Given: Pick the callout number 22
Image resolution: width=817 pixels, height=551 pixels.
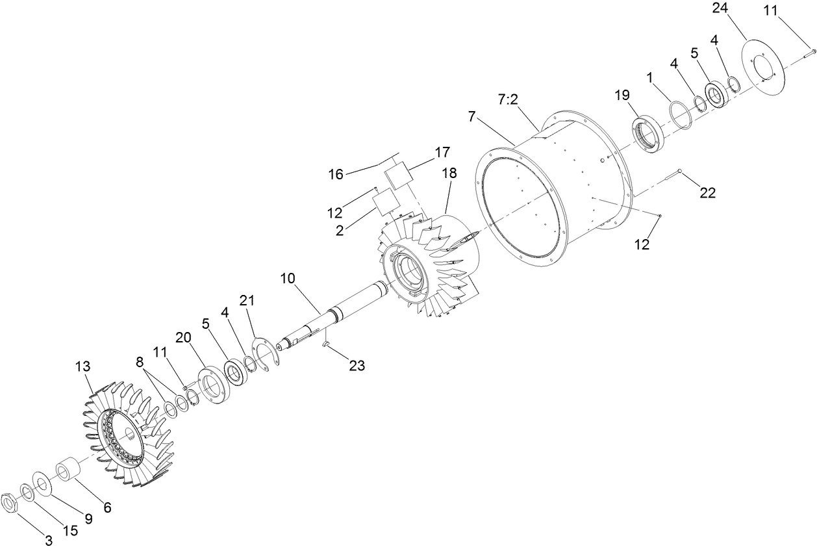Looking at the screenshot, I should (707, 192).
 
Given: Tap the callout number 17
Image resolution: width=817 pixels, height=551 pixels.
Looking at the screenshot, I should (442, 153).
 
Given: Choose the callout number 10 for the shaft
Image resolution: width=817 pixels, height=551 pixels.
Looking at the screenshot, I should (288, 278).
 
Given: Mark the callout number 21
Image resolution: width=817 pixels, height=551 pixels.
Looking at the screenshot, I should (247, 300).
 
